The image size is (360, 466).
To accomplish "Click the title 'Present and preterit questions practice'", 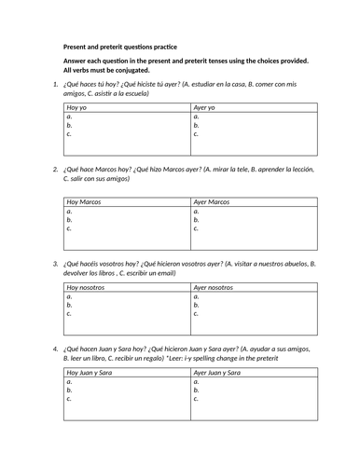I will (125, 47).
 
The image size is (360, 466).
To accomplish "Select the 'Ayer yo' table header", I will (204, 108).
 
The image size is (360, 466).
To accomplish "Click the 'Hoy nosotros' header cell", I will (87, 288).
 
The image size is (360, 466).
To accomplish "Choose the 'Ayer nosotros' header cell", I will (215, 288).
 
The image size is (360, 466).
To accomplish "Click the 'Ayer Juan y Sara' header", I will (219, 373).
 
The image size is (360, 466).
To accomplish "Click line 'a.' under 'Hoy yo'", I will (69, 117).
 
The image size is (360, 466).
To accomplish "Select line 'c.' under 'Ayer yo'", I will (196, 134).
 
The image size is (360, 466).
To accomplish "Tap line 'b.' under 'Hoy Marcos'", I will (69, 220).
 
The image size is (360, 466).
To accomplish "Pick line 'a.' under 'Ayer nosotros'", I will (196, 297).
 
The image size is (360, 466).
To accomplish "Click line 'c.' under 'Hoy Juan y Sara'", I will (69, 399).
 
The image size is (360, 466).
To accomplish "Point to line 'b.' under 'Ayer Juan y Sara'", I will (196, 391).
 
